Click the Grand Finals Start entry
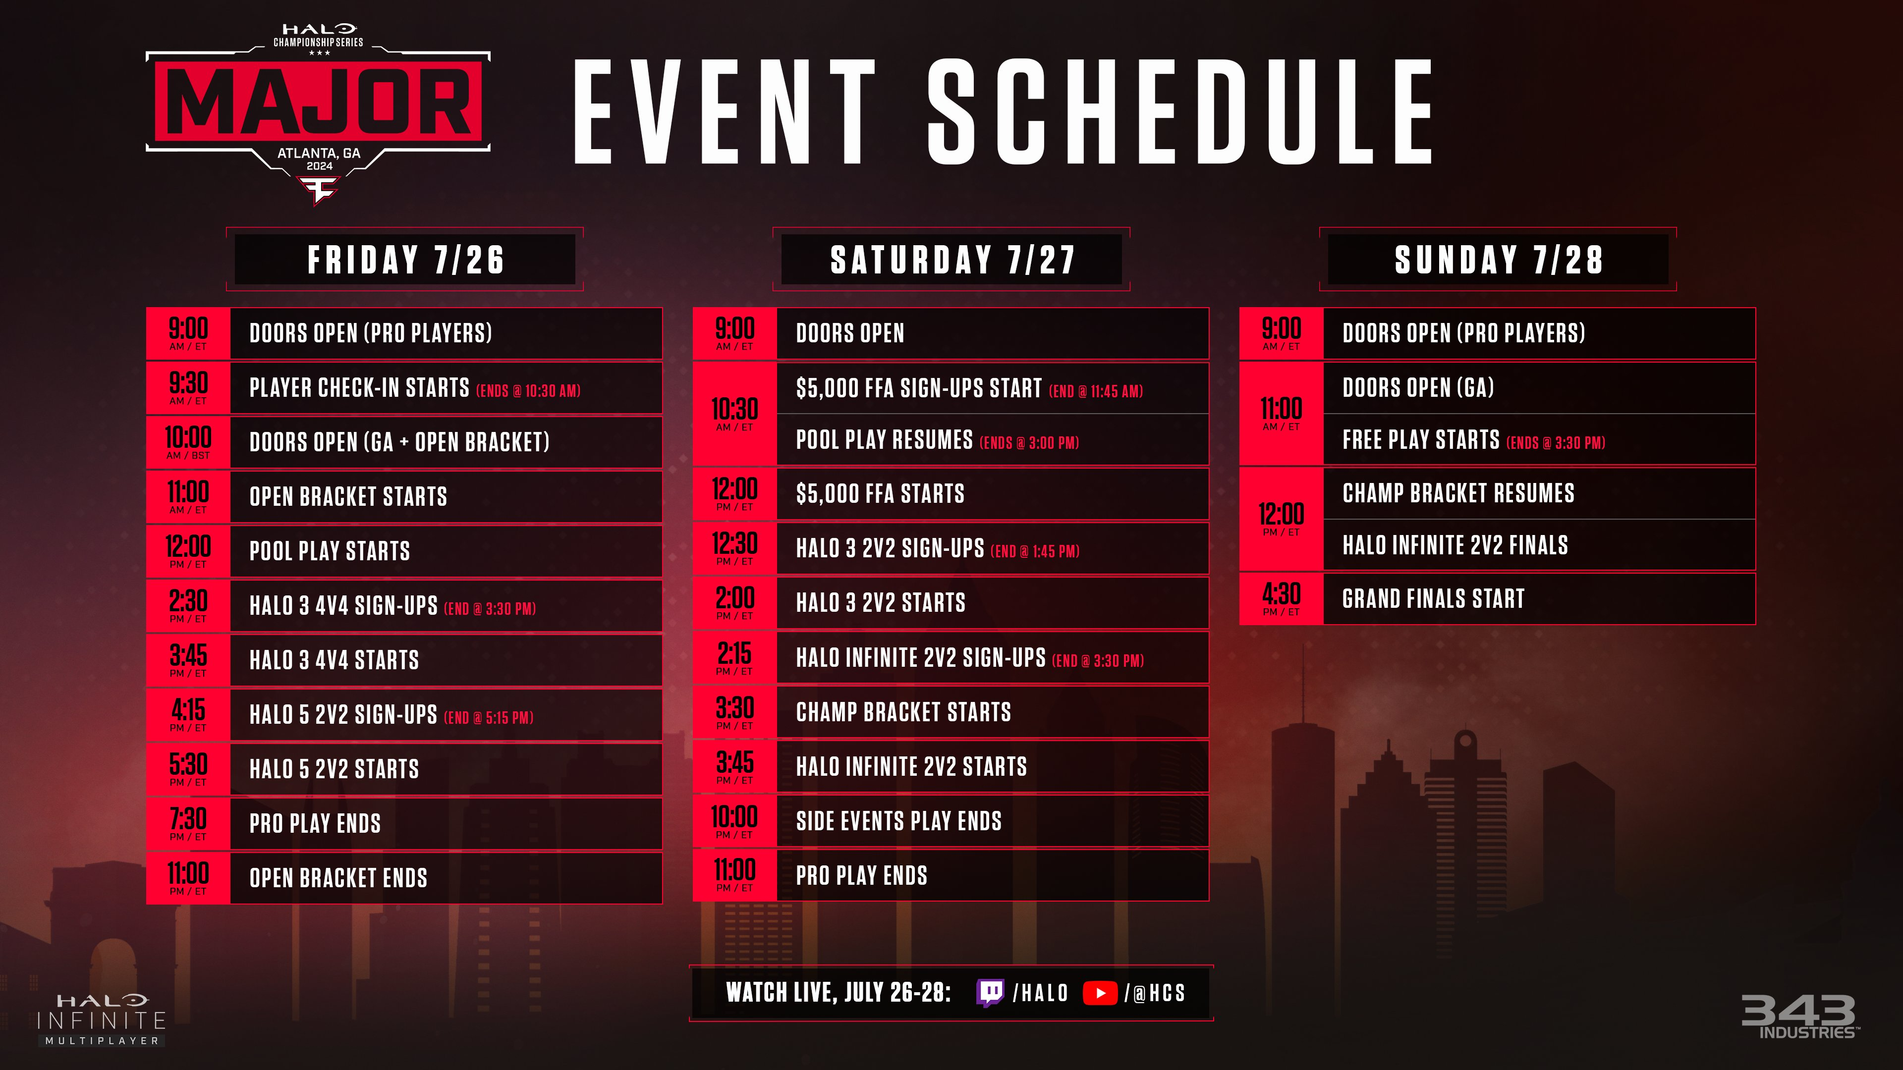point(1433,599)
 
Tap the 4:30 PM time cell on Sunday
point(1282,599)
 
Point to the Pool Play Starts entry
point(330,551)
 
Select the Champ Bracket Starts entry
point(903,712)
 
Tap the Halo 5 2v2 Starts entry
point(334,769)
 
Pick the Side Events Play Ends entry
point(898,821)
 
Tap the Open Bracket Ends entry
point(338,878)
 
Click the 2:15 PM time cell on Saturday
point(735,657)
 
